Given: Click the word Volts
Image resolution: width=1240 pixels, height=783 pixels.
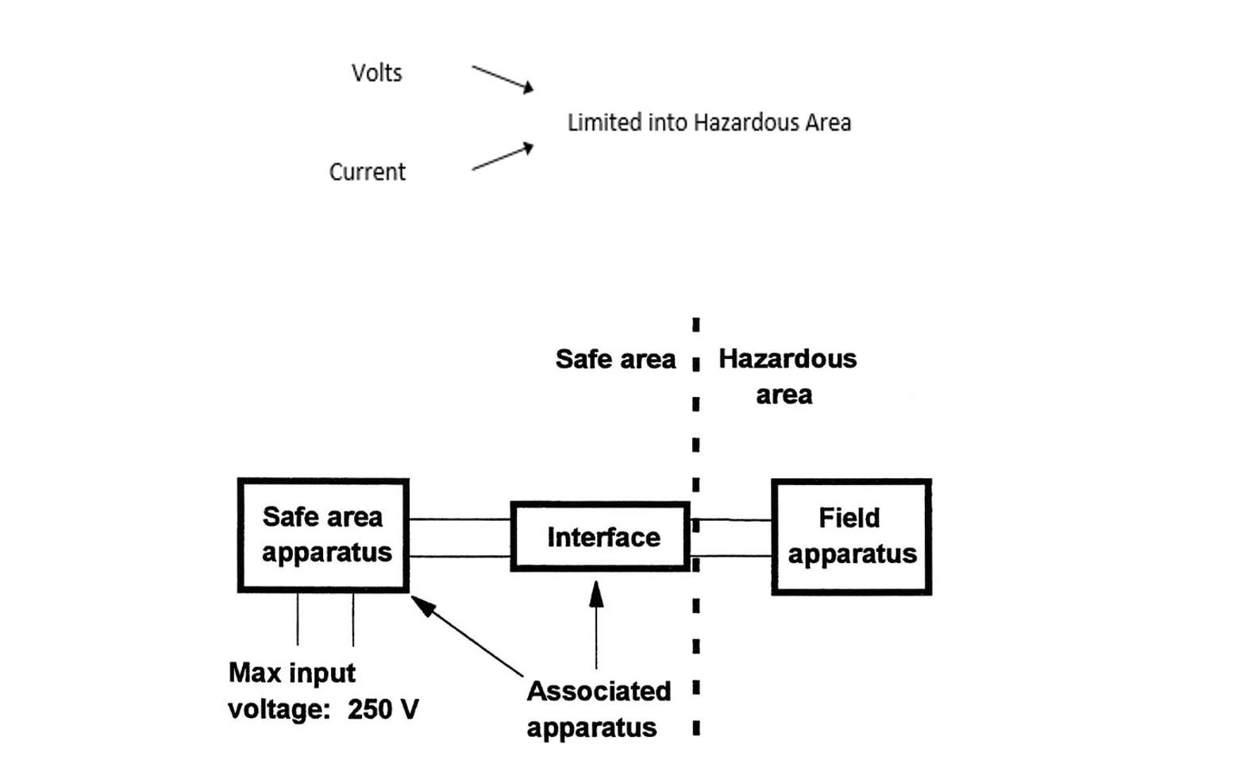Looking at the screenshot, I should pyautogui.click(x=376, y=73).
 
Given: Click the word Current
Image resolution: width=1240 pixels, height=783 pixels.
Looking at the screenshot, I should pyautogui.click(x=367, y=172).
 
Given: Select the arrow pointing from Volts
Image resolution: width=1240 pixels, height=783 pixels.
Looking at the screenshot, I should pyautogui.click(x=502, y=79).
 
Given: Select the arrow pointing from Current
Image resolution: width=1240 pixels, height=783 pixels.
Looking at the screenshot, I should pyautogui.click(x=502, y=158).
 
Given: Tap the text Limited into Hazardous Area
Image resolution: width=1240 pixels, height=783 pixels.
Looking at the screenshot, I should pyautogui.click(x=709, y=122).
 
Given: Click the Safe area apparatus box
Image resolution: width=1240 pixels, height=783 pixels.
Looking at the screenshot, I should pyautogui.click(x=323, y=535).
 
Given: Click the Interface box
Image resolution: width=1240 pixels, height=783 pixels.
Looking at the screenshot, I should pyautogui.click(x=601, y=537).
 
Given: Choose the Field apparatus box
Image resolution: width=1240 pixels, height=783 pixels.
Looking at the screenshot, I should pyautogui.click(x=851, y=537).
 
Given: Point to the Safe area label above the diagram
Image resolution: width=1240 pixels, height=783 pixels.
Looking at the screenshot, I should pyautogui.click(x=615, y=359).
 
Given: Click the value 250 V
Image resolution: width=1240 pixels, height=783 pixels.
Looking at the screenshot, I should pyautogui.click(x=383, y=709).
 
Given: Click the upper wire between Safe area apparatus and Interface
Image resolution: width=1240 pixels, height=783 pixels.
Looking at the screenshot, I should pyautogui.click(x=460, y=519).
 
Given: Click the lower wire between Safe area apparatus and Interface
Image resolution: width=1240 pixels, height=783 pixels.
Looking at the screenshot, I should pyautogui.click(x=460, y=557).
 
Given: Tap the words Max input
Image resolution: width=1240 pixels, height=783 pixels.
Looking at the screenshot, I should pyautogui.click(x=291, y=673).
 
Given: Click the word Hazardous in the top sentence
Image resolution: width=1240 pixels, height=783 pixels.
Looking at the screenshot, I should pyautogui.click(x=745, y=122).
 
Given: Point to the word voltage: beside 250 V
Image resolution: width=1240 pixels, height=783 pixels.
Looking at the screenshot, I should pyautogui.click(x=278, y=709).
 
